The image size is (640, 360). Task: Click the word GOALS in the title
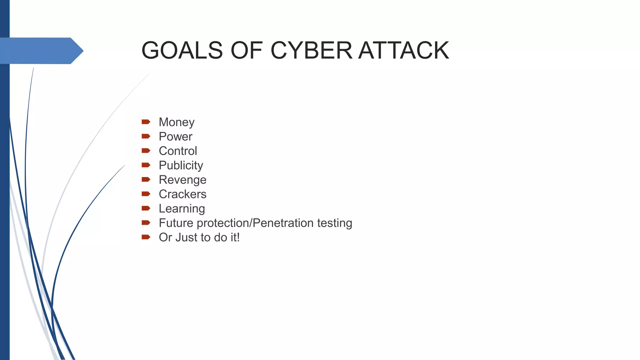click(x=182, y=50)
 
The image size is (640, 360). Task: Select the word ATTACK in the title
click(x=404, y=50)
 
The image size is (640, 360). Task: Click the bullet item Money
click(x=177, y=122)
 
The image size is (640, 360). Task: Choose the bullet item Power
click(x=175, y=137)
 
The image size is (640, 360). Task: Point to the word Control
click(x=178, y=151)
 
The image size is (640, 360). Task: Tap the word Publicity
click(x=181, y=165)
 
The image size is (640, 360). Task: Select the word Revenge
click(x=182, y=180)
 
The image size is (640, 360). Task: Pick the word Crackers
click(x=182, y=194)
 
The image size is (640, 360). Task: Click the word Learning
click(x=182, y=208)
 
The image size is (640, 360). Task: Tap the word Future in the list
click(x=176, y=223)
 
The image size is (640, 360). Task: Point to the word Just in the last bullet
click(x=186, y=237)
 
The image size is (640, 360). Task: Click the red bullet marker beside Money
click(x=146, y=122)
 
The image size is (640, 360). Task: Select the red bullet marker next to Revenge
click(x=146, y=179)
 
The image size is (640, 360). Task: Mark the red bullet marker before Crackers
click(x=146, y=194)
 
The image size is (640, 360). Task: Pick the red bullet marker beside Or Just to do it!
click(x=146, y=237)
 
